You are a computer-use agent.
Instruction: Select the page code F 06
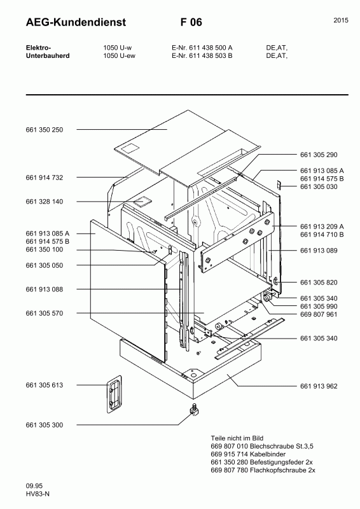tap(191, 22)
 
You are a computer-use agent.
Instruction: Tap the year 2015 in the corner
tap(340, 21)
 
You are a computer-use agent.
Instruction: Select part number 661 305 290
tap(318, 155)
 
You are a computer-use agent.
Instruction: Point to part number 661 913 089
tap(318, 251)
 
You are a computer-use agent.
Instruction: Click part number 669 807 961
tap(318, 314)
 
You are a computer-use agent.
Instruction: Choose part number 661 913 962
tap(318, 386)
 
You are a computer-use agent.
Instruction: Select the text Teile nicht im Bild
tap(237, 438)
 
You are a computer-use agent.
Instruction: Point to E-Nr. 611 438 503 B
tap(202, 56)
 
